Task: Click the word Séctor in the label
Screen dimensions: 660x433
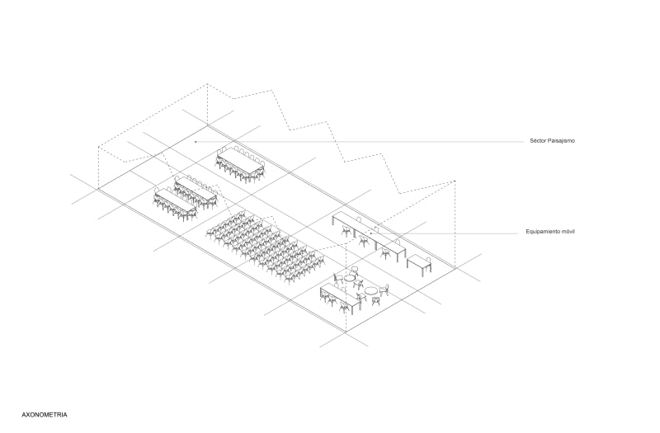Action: point(538,141)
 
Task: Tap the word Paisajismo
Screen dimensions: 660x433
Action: point(561,141)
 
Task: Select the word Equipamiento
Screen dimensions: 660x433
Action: point(544,232)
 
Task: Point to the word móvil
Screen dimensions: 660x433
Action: point(569,232)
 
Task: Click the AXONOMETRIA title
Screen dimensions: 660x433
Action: point(45,415)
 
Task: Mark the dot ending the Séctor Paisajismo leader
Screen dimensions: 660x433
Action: point(196,142)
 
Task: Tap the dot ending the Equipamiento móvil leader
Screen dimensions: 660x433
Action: point(370,233)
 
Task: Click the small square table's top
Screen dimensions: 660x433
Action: point(419,261)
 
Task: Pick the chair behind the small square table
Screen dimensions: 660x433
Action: point(427,259)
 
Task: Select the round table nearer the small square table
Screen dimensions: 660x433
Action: point(370,290)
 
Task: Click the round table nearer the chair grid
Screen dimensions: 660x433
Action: point(350,278)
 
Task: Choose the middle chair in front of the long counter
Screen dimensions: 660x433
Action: point(363,241)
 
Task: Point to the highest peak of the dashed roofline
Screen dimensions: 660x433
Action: point(207,84)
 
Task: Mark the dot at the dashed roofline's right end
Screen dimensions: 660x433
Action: point(455,181)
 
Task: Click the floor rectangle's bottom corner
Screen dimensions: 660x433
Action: point(346,332)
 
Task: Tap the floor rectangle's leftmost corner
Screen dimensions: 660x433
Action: point(98,189)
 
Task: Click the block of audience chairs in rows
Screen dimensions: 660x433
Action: point(266,245)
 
